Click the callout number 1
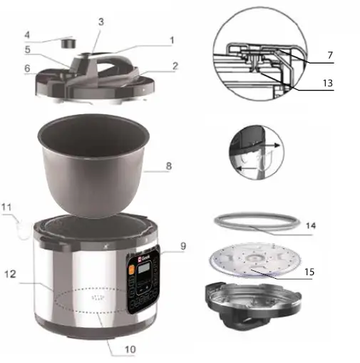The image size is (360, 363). coord(171,41)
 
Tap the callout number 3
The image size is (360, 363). coord(101,22)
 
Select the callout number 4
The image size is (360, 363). coord(26,34)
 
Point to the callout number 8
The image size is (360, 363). coord(168,166)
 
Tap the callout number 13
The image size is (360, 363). coord(327,83)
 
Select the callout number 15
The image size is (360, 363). coord(329,272)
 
